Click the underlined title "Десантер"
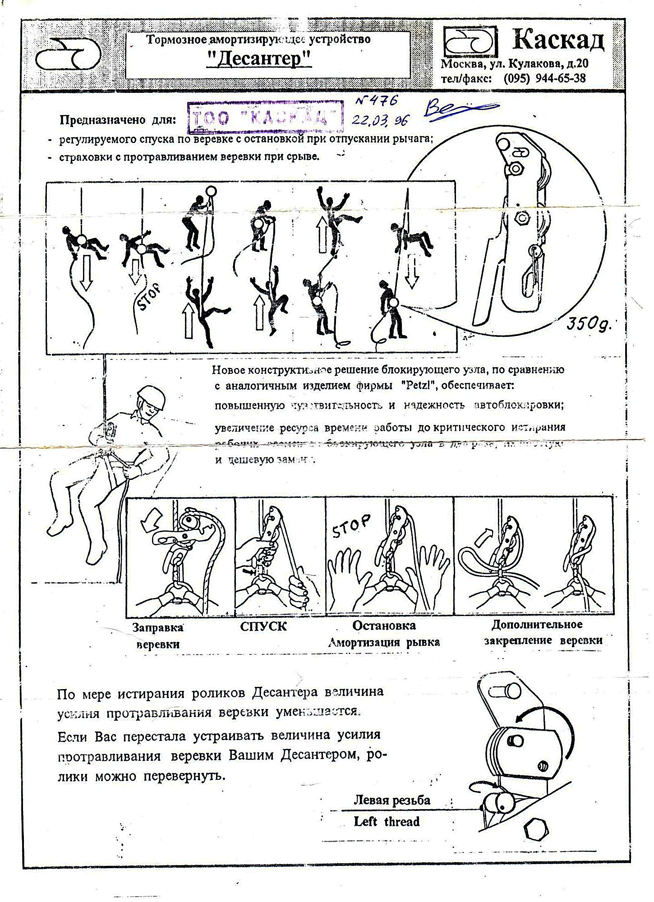pos(259,59)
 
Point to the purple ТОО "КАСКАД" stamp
pos(265,117)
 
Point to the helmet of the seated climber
pos(151,397)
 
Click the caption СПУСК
pos(263,626)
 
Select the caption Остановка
pos(384,626)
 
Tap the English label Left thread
pos(387,821)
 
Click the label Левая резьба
pos(391,800)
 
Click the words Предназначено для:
pos(118,120)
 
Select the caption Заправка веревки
pos(158,635)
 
